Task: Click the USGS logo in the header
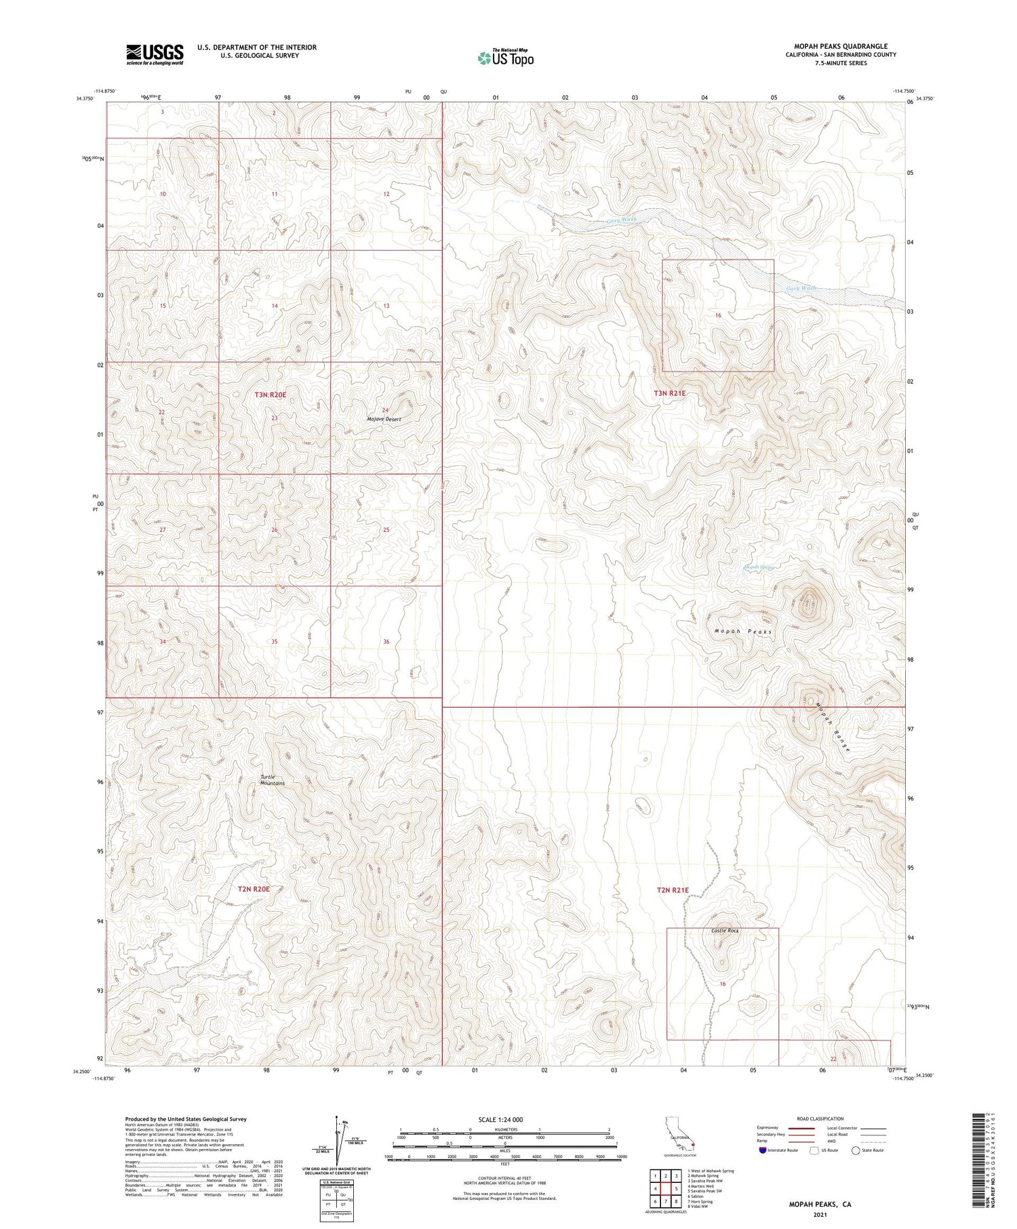[x=155, y=54]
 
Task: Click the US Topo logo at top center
[x=505, y=58]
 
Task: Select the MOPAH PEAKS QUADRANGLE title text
[x=840, y=46]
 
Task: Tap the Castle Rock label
[x=725, y=931]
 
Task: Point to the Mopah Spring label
[x=758, y=567]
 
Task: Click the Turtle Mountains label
[x=273, y=780]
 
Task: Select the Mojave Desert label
[x=384, y=420]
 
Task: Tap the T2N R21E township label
[x=673, y=890]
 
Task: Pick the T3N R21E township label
[x=670, y=393]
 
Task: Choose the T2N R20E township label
[x=254, y=889]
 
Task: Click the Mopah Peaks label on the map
[x=743, y=632]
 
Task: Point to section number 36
[x=386, y=641]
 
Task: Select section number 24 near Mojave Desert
[x=385, y=410]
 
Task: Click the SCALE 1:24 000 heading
[x=505, y=1119]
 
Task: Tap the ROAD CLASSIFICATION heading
[x=820, y=1119]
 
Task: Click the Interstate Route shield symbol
[x=763, y=1150]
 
